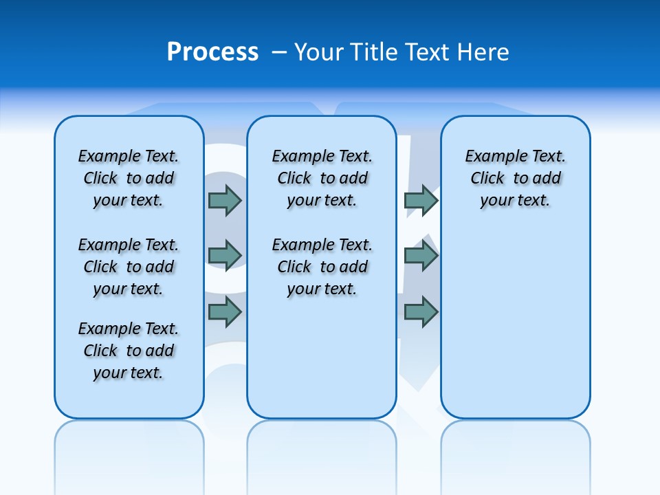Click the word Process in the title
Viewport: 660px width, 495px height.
(x=212, y=52)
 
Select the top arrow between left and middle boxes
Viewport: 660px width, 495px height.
(x=225, y=200)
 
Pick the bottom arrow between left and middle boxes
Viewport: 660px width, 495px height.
(x=225, y=312)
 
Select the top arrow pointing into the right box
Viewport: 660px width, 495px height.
(x=421, y=200)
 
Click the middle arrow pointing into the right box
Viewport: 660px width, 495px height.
(x=421, y=256)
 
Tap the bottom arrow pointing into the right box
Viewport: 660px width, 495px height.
(x=421, y=312)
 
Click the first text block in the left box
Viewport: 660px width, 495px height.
(x=129, y=178)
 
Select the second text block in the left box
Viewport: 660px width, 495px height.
(x=129, y=267)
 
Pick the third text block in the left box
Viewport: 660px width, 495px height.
(x=129, y=351)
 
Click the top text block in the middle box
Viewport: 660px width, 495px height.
(x=322, y=178)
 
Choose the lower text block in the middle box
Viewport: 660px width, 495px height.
(x=322, y=267)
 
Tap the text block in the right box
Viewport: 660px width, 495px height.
(x=515, y=178)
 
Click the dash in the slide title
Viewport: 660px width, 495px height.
(x=280, y=52)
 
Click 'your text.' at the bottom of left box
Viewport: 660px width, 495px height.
(x=129, y=373)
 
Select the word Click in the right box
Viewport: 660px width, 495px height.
(x=487, y=179)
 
